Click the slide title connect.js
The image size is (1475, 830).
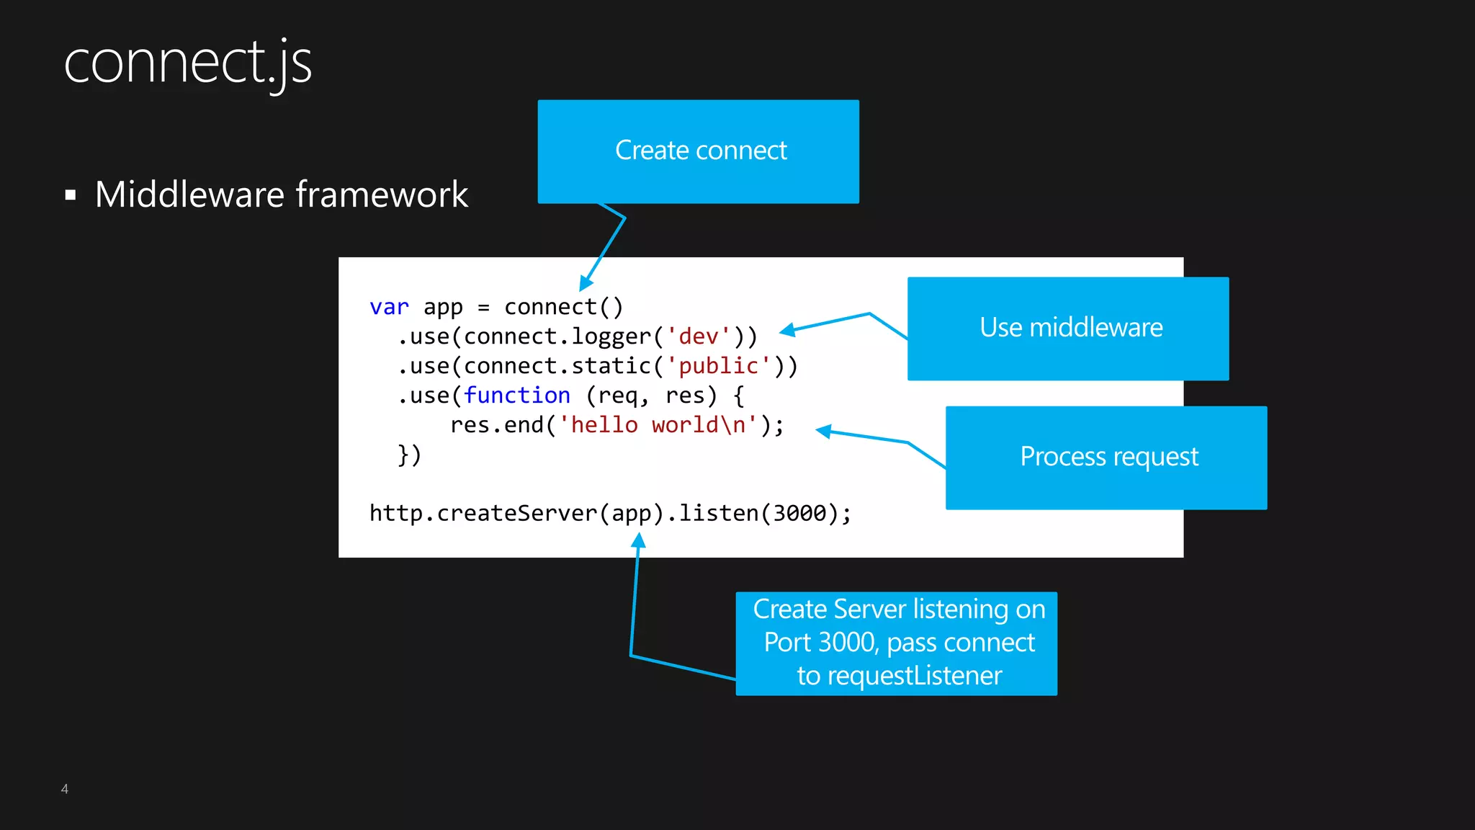point(187,63)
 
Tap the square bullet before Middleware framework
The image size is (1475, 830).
point(71,195)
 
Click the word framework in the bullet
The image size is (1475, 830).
point(382,195)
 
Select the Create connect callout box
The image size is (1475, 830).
point(698,151)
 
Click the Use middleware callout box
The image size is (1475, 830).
point(1068,329)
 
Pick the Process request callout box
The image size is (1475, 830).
point(1106,458)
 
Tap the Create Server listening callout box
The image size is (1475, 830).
point(897,643)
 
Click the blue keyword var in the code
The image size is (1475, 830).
point(389,308)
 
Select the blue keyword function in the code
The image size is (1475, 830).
point(516,396)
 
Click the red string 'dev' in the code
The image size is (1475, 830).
point(698,336)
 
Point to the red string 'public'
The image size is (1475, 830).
point(718,366)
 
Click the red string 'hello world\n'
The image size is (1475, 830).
point(658,425)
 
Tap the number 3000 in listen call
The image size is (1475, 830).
point(799,514)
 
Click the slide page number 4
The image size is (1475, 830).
point(65,789)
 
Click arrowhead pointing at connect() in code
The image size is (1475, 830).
point(586,284)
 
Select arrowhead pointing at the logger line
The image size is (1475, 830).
point(787,330)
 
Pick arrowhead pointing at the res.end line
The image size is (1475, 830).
point(824,431)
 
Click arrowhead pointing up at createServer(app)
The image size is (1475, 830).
point(638,540)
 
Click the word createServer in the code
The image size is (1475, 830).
point(517,514)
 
